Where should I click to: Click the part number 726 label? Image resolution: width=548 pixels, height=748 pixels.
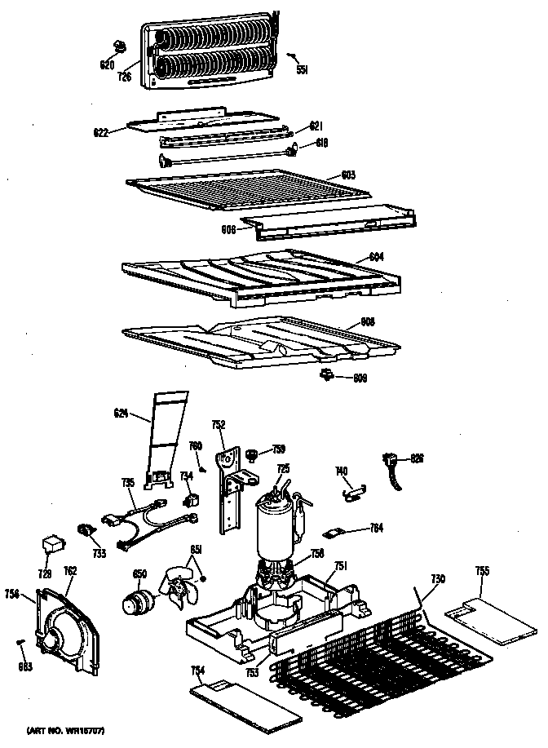coord(125,77)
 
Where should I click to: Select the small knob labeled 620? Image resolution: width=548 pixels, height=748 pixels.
coord(121,46)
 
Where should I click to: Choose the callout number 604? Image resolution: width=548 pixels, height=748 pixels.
coord(375,256)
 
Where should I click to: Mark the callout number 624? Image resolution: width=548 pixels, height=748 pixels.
coord(122,414)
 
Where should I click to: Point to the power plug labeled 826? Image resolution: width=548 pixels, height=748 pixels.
coord(392,469)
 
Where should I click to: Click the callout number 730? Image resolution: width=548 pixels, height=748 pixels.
coord(438,578)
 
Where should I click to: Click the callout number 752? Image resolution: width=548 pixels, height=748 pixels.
coord(219,424)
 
